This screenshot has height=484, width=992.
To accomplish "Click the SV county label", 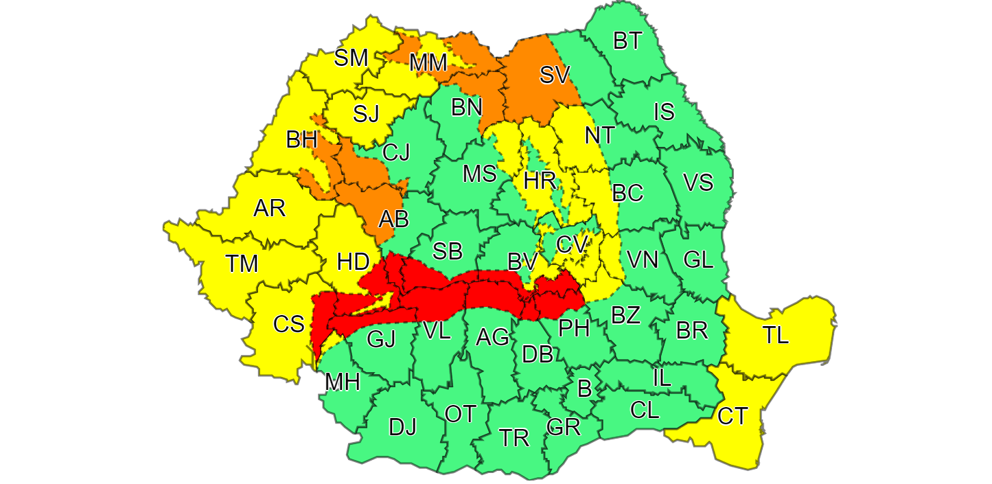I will (555, 74).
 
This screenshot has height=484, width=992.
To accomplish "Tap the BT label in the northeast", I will (627, 41).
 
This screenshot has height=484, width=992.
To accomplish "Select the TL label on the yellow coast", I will (775, 335).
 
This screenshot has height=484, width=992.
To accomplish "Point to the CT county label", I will (732, 416).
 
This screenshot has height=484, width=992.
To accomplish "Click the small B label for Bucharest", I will (584, 389).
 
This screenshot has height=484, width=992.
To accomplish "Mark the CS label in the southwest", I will (288, 324).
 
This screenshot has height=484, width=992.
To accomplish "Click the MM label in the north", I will (428, 63).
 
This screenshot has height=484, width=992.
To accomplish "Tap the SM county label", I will (351, 58).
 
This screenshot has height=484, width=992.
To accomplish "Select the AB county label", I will (394, 219).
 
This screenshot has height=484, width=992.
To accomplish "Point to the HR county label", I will (540, 181).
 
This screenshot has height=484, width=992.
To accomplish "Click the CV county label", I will (572, 244).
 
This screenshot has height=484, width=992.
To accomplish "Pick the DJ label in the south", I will (402, 427).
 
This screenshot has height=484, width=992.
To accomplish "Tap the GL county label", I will (699, 260).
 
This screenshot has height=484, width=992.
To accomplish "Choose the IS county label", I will (664, 111).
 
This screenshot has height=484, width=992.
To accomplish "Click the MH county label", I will (343, 382).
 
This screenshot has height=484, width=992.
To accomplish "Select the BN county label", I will (467, 107).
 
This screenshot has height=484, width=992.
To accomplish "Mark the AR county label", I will (269, 208).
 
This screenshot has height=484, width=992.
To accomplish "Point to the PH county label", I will (574, 328).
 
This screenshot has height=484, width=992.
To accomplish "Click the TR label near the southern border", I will (514, 438).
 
